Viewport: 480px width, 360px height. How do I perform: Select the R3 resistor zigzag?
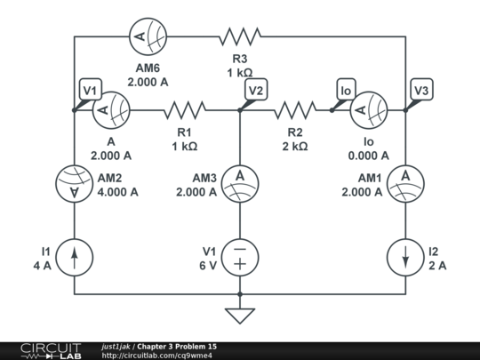(239, 36)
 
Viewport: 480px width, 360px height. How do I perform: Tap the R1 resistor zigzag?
(184, 110)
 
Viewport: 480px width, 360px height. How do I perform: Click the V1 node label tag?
(90, 90)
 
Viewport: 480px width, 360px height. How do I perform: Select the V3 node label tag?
(422, 90)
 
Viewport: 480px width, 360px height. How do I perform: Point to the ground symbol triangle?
(240, 316)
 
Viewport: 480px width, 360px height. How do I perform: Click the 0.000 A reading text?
(368, 156)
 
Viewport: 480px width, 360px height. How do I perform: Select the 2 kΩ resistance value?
(295, 146)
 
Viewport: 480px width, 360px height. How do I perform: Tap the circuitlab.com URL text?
(157, 356)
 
